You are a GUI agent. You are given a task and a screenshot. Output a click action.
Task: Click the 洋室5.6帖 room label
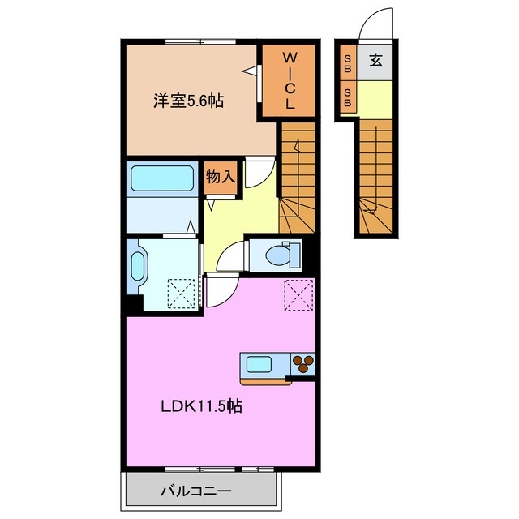click(189, 101)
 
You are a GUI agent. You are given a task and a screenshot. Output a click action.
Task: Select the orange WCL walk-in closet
click(289, 82)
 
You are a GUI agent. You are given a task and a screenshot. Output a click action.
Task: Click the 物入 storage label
click(220, 176)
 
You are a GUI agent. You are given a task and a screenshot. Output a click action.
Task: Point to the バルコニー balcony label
click(195, 491)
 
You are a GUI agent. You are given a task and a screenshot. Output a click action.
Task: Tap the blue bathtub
click(161, 178)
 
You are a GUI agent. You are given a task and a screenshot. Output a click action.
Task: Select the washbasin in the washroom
click(136, 266)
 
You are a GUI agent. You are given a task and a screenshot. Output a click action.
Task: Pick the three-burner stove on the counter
click(302, 365)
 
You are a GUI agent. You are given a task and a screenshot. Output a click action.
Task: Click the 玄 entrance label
click(376, 60)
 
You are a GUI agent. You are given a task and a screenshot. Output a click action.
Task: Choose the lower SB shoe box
click(347, 98)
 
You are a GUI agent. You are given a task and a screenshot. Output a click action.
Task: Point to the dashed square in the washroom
click(182, 292)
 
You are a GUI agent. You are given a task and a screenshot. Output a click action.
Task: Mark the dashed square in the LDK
click(298, 293)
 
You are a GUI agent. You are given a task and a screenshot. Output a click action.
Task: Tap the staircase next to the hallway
click(297, 178)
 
